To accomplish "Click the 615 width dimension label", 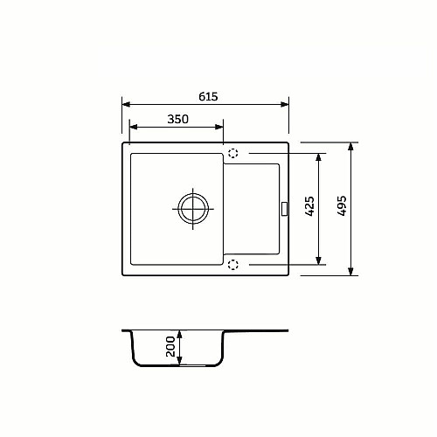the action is coord(208,96).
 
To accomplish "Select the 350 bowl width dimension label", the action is coord(177,119).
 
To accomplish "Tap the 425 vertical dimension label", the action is coord(309,206).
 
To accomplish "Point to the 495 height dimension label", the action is coord(342,205).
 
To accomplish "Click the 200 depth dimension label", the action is coord(170,346).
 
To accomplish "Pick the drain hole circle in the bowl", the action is coord(193,209).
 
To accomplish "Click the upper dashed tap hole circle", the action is coord(233,153).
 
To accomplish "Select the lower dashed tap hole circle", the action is coord(233,265).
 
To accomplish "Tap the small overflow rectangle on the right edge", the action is coord(284,209).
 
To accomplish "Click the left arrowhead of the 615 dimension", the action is coord(126,104).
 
